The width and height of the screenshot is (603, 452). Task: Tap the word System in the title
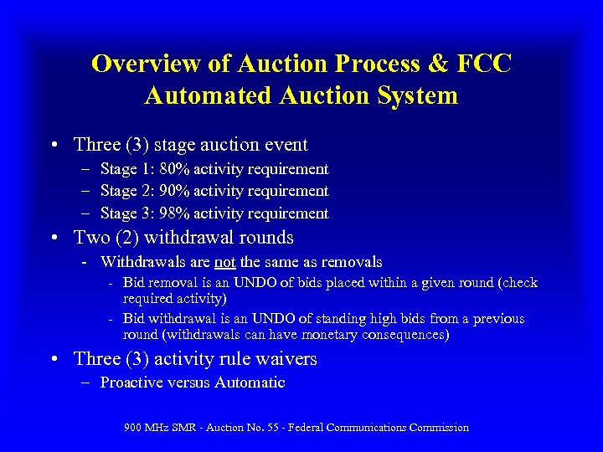pos(416,95)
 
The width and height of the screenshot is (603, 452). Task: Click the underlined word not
pos(225,262)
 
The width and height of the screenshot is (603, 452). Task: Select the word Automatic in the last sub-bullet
pos(250,383)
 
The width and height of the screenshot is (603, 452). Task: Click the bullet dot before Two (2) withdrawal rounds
pos(54,239)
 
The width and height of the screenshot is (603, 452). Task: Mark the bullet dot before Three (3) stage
pos(54,145)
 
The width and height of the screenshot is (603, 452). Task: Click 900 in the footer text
pos(133,428)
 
